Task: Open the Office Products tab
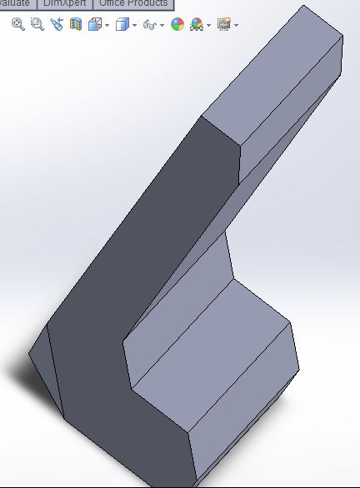coord(134,3)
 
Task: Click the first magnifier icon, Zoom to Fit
coord(17,24)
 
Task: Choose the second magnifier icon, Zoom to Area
coord(37,24)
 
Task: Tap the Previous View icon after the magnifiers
coord(56,24)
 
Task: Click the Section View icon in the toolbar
coord(76,24)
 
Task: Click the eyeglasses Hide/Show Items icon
coord(149,24)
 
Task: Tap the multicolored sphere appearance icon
coord(177,24)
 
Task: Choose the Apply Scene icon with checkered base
coord(197,24)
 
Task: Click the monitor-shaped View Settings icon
coord(223,24)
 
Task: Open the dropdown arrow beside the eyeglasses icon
coord(162,25)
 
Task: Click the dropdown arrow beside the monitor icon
coord(236,25)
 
